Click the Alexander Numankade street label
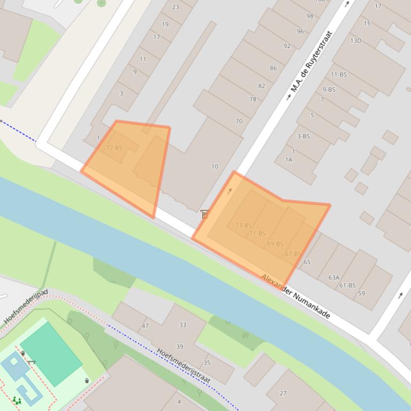tap(296, 297)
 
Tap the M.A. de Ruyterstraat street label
tap(312, 61)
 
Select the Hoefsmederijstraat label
tap(183, 366)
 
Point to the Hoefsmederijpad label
tap(26, 307)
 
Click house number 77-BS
tap(114, 148)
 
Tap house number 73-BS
tap(243, 225)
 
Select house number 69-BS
tap(275, 243)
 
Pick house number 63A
tap(334, 278)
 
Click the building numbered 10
tap(214, 167)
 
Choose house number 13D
tap(355, 41)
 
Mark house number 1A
tap(289, 160)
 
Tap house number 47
tap(145, 326)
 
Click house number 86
tap(273, 68)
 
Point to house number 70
tap(239, 121)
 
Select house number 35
tap(207, 363)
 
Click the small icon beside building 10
tap(204, 214)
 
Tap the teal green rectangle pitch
tap(51, 353)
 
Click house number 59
tap(361, 293)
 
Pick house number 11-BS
tap(338, 75)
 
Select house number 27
tap(283, 393)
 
